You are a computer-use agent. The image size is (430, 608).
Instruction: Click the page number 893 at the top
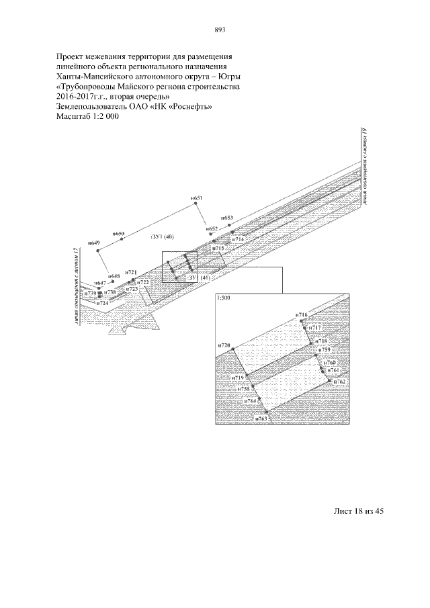[218, 30]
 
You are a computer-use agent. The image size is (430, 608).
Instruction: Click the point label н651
[196, 198]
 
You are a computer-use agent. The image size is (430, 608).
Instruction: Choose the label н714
[238, 239]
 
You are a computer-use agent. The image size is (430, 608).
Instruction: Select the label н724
[102, 304]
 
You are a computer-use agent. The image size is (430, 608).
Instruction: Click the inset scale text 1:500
[224, 298]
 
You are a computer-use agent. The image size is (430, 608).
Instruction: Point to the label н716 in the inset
[302, 314]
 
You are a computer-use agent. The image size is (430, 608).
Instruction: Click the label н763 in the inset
[262, 418]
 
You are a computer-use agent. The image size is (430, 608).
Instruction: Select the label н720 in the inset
[224, 345]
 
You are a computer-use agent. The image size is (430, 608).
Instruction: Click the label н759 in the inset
[325, 351]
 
